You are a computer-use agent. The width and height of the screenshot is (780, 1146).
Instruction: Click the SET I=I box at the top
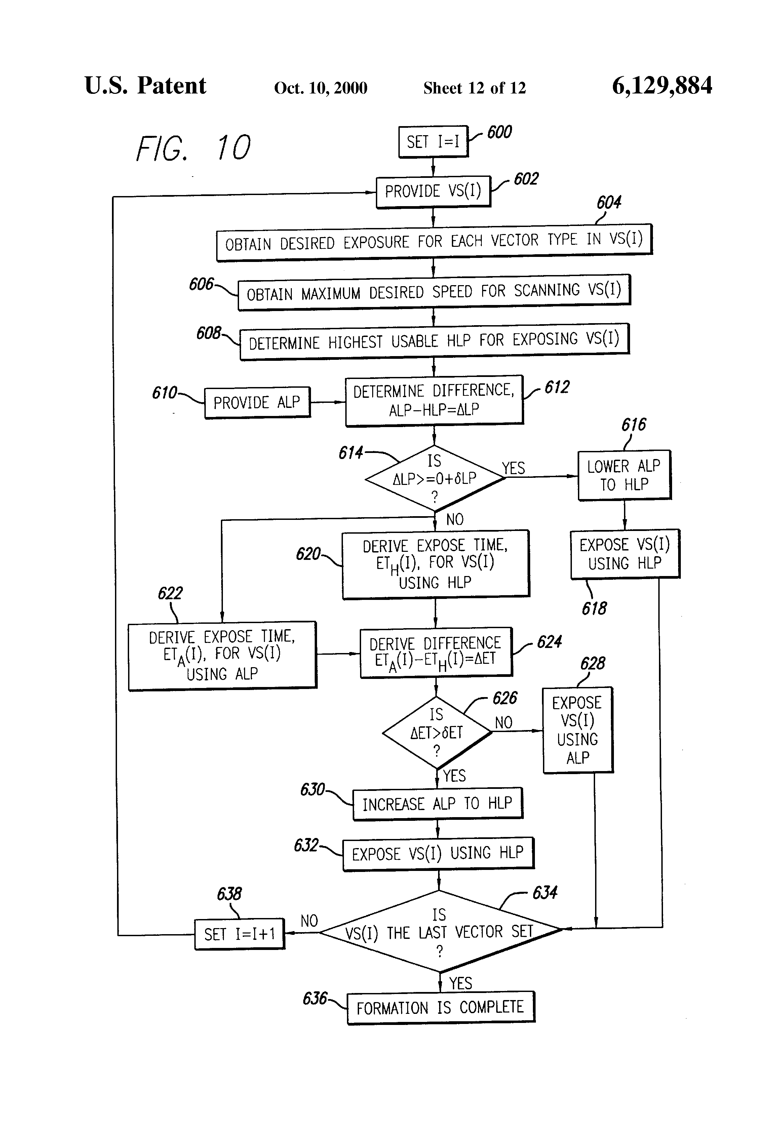[433, 142]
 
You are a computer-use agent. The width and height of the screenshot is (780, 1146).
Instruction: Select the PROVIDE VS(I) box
[433, 191]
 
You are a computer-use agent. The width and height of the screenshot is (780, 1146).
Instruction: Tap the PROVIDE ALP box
[257, 403]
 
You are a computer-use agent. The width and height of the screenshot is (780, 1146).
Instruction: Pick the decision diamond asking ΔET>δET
[437, 732]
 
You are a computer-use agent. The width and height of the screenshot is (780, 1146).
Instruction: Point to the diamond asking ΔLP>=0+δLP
[434, 478]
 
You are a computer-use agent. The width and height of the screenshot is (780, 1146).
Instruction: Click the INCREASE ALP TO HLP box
[437, 804]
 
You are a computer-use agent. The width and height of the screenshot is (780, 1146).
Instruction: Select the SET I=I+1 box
[240, 934]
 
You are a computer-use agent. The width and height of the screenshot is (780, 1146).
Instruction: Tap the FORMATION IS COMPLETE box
[440, 1007]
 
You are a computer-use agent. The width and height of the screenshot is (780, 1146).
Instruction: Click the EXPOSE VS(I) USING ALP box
[577, 730]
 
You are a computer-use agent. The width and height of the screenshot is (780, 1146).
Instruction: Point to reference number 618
[594, 609]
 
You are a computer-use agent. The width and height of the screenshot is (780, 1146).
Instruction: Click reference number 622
[170, 593]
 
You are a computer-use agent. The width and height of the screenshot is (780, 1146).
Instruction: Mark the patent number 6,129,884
[662, 86]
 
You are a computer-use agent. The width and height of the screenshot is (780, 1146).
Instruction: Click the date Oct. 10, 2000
[320, 88]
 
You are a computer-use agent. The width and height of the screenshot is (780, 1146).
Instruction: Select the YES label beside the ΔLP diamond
[513, 468]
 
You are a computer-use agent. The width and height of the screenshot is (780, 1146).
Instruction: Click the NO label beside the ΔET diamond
[503, 722]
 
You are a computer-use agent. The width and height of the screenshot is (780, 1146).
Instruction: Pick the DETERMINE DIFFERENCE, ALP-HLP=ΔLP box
[434, 400]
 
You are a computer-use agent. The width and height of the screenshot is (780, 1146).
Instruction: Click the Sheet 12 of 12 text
[474, 88]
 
